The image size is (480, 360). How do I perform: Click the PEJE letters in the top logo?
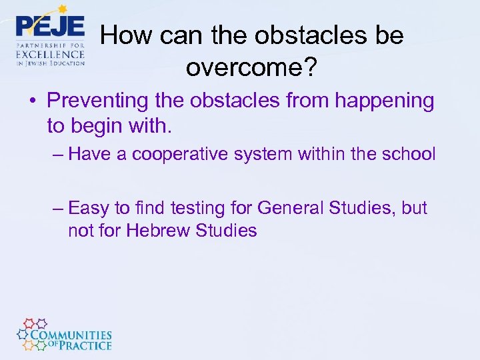point(50,26)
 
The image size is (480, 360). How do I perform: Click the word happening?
point(384,101)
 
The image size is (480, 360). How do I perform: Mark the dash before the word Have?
point(57,155)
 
